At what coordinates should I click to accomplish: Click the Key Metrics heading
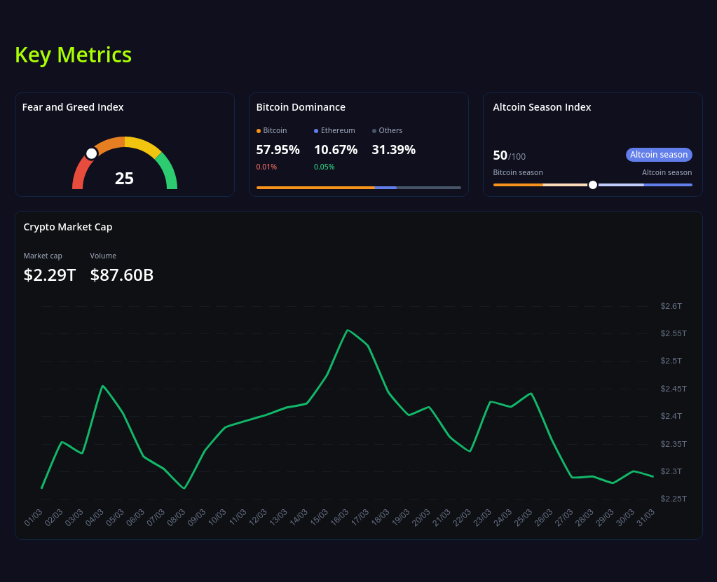click(73, 55)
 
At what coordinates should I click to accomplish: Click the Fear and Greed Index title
click(73, 107)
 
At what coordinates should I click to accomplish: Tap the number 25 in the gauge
click(124, 179)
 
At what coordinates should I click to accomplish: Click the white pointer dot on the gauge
click(91, 153)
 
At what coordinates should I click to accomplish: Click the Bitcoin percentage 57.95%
click(278, 150)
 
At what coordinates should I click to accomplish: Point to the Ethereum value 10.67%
click(336, 150)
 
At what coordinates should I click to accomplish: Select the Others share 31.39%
click(393, 150)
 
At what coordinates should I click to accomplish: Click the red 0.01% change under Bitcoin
click(266, 167)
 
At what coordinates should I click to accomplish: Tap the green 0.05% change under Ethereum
click(324, 167)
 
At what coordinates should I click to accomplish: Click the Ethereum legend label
click(337, 130)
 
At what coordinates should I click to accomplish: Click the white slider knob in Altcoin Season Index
click(593, 185)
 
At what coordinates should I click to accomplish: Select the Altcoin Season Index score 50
click(500, 155)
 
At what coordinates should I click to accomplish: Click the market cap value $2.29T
click(50, 275)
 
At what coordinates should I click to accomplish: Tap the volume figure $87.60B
click(122, 275)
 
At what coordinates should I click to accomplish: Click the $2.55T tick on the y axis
click(674, 333)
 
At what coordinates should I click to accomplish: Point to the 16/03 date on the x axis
click(339, 518)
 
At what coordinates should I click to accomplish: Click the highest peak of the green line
click(348, 330)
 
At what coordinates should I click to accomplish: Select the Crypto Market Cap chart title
click(68, 227)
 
